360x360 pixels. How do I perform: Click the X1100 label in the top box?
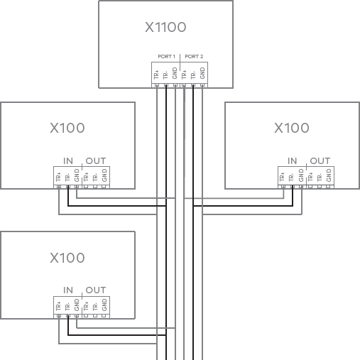165,28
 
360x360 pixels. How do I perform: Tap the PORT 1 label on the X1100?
165,55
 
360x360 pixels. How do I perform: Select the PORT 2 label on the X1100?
193,55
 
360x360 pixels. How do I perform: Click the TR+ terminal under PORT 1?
156,74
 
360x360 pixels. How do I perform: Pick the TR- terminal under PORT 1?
165,74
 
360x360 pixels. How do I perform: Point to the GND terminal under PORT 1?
175,74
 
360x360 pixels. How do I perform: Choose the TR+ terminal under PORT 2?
184,74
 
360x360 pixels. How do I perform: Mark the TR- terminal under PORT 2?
193,74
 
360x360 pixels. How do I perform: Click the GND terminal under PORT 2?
202,74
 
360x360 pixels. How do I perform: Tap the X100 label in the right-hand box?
292,129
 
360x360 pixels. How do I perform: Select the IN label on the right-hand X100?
293,160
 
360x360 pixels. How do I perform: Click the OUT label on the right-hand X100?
320,160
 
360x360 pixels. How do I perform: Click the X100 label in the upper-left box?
67,129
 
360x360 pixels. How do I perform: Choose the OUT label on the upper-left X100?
95,160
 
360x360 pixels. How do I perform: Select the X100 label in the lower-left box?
67,258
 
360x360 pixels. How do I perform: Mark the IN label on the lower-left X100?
68,290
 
